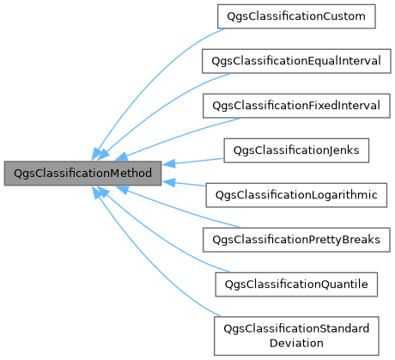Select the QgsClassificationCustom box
pyautogui.click(x=295, y=15)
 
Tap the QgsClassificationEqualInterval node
pyautogui.click(x=295, y=60)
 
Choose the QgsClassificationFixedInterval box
pyautogui.click(x=295, y=106)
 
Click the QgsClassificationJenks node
pyautogui.click(x=295, y=150)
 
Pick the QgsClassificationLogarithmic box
pyautogui.click(x=295, y=195)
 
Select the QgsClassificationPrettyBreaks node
pyautogui.click(x=295, y=239)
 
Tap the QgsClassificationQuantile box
pyautogui.click(x=295, y=284)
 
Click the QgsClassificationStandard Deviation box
pyautogui.click(x=295, y=335)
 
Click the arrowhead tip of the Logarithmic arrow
pyautogui.click(x=164, y=180)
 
